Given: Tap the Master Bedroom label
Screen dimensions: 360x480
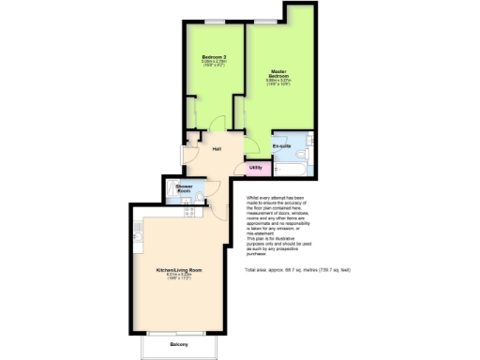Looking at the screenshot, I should (278, 73).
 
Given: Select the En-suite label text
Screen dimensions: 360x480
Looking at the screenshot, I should (281, 147).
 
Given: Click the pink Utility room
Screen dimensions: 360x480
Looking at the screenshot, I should (255, 168).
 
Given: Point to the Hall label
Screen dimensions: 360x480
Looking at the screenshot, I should (216, 149).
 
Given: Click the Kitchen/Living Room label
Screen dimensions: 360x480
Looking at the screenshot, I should (179, 269).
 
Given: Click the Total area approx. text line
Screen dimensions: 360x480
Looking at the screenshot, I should (296, 270).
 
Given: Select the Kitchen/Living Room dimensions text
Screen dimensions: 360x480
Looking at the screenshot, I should (179, 277).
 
